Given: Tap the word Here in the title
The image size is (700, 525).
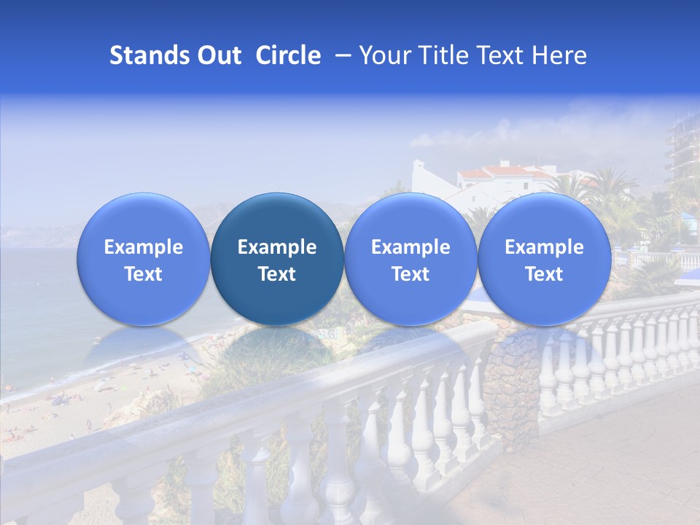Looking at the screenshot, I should (x=559, y=55).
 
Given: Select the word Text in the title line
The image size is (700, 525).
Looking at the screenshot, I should (x=500, y=55).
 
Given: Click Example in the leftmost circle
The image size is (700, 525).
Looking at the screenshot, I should (x=144, y=247).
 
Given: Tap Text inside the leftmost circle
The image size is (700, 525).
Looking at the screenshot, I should (x=144, y=274).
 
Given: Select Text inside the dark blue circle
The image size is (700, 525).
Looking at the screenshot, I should (x=277, y=274).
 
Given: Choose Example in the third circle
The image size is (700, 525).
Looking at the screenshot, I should (x=411, y=247).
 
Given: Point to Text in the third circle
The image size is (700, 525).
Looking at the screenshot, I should (x=411, y=274).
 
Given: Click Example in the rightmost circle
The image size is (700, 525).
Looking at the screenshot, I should (x=544, y=247).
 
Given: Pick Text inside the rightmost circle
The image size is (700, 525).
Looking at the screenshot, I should (x=544, y=274).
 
